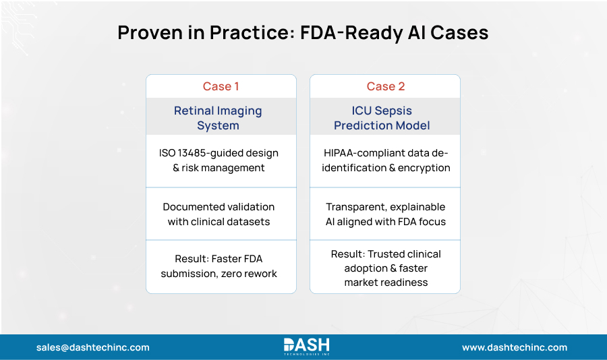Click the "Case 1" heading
coord(221,86)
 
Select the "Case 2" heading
coord(384,86)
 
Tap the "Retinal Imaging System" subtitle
coord(218,118)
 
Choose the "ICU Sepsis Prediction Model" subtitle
coord(382,118)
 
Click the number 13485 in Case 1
coord(196,153)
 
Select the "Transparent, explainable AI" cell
coord(384,214)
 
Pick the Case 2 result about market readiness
coord(384,268)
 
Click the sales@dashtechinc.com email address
coord(93,347)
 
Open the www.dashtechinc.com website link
coord(514,347)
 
